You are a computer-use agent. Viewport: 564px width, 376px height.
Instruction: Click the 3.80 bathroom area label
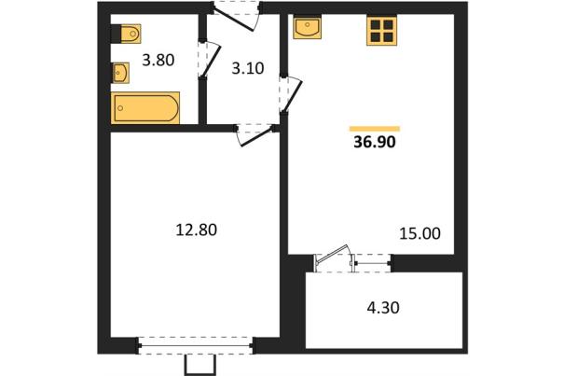(x=158, y=60)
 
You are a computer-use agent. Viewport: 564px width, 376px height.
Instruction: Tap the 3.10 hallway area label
(x=248, y=68)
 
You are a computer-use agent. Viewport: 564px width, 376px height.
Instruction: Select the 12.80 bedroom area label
(x=197, y=230)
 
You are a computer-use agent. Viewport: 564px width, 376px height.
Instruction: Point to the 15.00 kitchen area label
(x=420, y=233)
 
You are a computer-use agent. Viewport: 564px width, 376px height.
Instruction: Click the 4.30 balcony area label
(x=383, y=308)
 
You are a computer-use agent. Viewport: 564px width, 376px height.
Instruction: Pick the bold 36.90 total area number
(x=375, y=142)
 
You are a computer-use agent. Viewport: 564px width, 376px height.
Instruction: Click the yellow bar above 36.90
(x=375, y=129)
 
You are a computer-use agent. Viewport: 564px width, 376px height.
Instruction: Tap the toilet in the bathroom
(x=126, y=34)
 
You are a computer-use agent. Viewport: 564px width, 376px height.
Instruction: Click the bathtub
(x=145, y=108)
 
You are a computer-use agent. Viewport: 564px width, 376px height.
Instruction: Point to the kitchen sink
(x=308, y=27)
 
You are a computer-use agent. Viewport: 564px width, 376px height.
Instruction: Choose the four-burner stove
(x=381, y=31)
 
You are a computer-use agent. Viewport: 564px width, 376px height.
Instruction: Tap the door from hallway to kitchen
(x=292, y=94)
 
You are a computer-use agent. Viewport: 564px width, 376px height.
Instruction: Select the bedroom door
(x=255, y=135)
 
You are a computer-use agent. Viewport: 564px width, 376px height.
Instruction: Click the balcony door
(x=333, y=258)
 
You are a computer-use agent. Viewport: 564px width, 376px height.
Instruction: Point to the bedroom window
(x=196, y=346)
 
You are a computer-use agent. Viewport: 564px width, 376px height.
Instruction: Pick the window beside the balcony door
(x=373, y=263)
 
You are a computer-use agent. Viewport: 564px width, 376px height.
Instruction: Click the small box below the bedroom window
(x=200, y=365)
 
